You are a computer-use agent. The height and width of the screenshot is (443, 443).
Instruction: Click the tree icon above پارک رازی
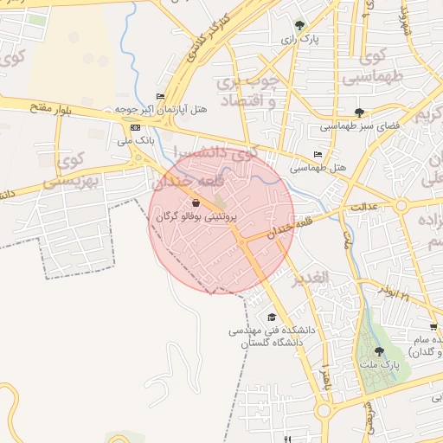click(299, 25)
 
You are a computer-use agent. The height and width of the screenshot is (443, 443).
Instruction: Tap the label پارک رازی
click(299, 40)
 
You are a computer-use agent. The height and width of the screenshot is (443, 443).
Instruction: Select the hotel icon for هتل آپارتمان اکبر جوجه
click(159, 96)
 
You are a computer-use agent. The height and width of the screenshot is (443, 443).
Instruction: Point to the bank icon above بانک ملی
click(134, 126)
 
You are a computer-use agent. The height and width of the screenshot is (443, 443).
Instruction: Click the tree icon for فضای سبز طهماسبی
click(359, 112)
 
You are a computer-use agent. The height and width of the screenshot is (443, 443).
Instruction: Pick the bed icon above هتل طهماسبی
click(318, 154)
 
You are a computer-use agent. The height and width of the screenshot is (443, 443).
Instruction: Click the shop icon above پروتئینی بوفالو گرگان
click(197, 202)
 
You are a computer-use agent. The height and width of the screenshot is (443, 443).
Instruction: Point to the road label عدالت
click(367, 208)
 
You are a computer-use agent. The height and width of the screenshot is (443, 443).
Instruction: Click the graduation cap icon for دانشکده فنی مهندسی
click(272, 317)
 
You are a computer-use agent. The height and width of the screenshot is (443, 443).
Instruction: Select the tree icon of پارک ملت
click(380, 350)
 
